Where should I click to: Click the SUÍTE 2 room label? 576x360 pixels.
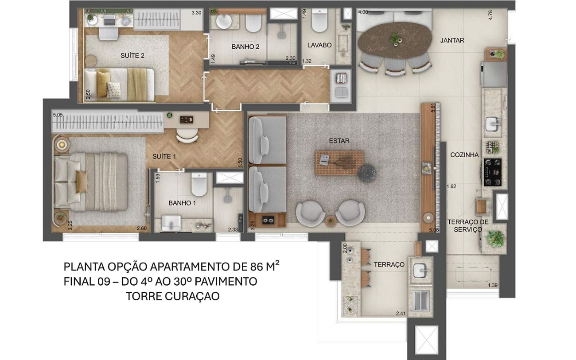(132, 55)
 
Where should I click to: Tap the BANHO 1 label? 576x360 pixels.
(182, 203)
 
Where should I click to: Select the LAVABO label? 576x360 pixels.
(319, 45)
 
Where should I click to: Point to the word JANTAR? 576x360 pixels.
(452, 40)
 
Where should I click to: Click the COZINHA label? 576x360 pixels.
(464, 155)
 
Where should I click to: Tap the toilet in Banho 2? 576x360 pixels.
(253, 23)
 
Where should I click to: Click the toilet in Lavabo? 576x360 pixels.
(319, 20)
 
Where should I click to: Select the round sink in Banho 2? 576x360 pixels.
(224, 22)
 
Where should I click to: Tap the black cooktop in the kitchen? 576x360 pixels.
(493, 172)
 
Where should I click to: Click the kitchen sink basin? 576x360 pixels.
(493, 124)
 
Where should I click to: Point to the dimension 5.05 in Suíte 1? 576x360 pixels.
(58, 115)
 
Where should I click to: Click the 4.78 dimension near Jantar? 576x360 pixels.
(490, 15)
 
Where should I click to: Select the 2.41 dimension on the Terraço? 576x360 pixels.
(401, 313)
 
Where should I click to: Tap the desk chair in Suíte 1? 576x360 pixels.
(187, 135)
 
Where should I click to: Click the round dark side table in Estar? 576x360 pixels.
(367, 173)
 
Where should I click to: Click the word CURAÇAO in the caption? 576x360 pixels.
(192, 296)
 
